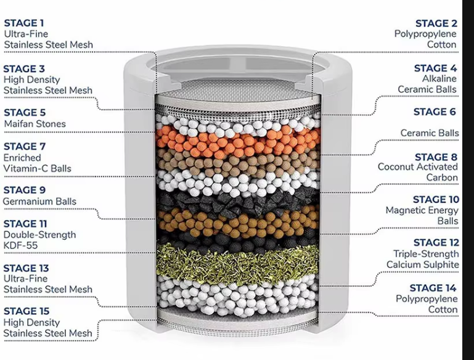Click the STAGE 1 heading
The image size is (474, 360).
(24, 23)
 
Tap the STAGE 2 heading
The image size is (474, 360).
(436, 23)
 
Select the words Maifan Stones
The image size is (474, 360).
(35, 124)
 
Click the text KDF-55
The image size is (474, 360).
(20, 245)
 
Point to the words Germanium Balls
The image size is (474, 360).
(39, 202)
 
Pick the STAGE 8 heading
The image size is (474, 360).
(436, 157)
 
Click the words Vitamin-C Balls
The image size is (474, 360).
(38, 168)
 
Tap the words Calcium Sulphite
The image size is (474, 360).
(423, 265)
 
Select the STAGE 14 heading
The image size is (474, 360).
(433, 288)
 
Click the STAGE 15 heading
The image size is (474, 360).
(27, 311)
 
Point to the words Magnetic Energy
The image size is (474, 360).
(422, 210)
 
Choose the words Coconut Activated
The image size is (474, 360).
(418, 167)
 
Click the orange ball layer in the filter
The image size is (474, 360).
(237, 141)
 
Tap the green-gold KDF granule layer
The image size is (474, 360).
(237, 264)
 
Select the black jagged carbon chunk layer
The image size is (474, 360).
(237, 201)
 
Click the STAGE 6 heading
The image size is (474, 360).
(435, 112)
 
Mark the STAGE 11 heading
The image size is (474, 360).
(25, 224)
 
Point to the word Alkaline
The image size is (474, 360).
(439, 78)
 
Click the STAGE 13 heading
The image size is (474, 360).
(27, 268)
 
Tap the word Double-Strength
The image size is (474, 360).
(39, 235)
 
